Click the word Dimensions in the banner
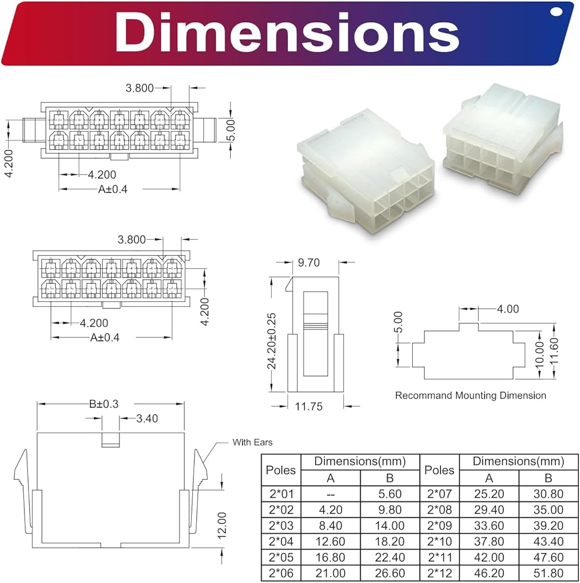coord(287,33)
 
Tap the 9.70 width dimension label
coord(308,262)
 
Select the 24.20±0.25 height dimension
coord(272,341)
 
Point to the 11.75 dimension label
coord(308,406)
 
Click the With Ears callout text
coord(252,442)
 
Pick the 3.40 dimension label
coord(147,419)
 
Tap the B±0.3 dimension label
coord(104,404)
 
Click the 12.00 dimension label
coord(222,525)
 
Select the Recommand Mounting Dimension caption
coord(470,395)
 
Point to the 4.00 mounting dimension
coord(508,309)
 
